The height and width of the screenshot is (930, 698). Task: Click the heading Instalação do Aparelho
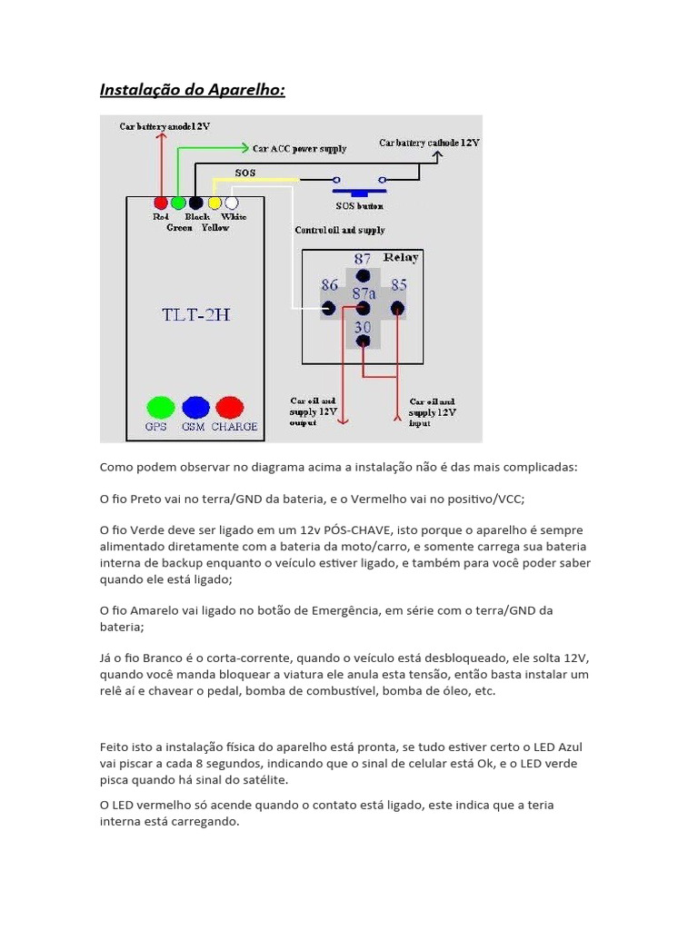click(191, 90)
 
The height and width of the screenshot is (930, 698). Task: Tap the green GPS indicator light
click(160, 407)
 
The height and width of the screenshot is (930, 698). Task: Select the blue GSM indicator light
click(195, 407)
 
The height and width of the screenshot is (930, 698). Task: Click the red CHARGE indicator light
click(229, 407)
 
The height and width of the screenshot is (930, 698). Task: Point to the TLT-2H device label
click(195, 314)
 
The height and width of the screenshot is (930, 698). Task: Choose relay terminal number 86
click(329, 309)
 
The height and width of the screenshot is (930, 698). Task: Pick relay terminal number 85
click(397, 309)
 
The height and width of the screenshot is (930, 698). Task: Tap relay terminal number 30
click(363, 341)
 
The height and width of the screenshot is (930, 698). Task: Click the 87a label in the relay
click(364, 293)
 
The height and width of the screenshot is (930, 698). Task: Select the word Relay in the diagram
click(401, 258)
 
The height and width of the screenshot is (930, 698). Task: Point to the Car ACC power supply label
click(299, 148)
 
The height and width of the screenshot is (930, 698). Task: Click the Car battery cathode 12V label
click(429, 143)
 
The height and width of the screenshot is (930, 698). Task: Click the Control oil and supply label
click(339, 231)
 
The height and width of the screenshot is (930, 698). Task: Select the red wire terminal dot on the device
click(161, 203)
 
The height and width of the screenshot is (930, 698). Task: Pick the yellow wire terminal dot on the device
click(214, 203)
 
